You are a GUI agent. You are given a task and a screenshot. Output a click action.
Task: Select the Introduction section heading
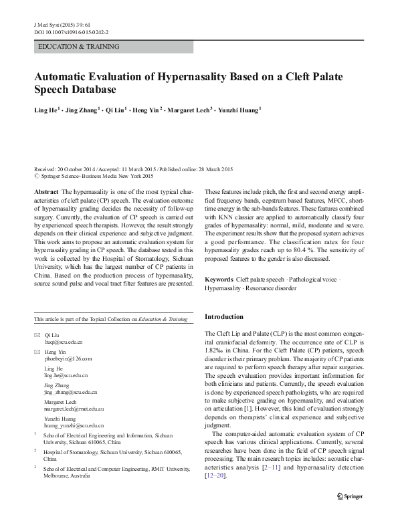(x=224, y=316)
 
